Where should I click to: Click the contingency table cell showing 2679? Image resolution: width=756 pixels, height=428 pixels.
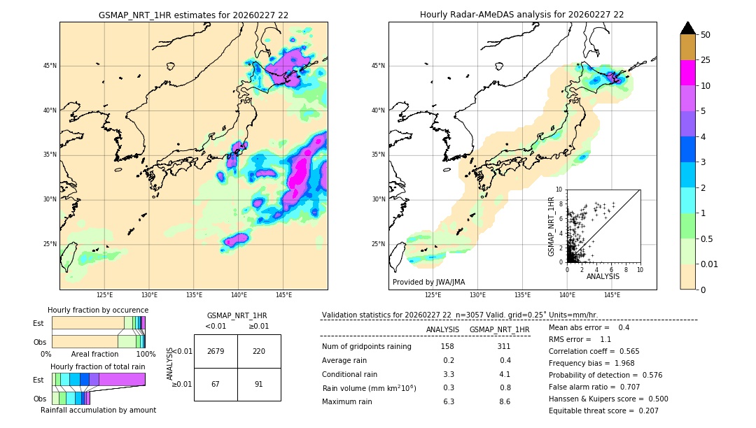(x=216, y=351)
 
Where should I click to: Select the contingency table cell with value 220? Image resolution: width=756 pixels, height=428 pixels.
(x=259, y=351)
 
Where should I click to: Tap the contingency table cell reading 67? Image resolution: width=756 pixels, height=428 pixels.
(x=216, y=384)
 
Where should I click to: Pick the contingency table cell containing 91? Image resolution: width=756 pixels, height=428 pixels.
(x=259, y=384)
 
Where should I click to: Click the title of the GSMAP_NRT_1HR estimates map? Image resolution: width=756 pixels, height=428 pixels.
(x=193, y=15)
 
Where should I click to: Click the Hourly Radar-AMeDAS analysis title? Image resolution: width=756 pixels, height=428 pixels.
(x=522, y=15)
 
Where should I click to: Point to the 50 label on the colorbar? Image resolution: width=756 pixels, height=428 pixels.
(x=706, y=35)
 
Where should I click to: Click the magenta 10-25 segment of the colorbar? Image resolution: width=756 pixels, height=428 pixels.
(x=687, y=73)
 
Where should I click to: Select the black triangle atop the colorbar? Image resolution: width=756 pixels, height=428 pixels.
(x=687, y=28)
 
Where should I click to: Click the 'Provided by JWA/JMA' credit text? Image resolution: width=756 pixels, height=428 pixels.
(x=428, y=283)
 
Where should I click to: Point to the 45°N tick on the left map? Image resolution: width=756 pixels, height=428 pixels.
(x=49, y=66)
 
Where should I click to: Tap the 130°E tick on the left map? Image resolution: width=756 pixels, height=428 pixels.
(x=149, y=295)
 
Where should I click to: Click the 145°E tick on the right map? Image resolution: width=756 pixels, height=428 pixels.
(x=612, y=295)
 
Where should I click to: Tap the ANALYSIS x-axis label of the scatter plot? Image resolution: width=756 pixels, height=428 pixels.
(x=603, y=277)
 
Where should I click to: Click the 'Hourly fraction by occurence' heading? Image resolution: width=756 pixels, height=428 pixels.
(x=98, y=311)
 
